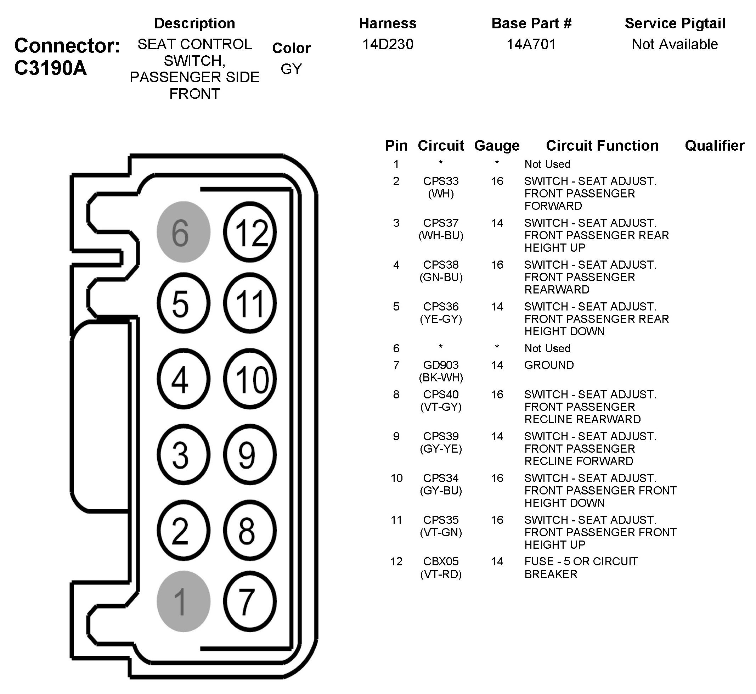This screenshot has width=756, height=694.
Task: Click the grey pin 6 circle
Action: pyautogui.click(x=183, y=232)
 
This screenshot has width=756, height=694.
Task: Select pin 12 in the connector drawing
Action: pyautogui.click(x=250, y=232)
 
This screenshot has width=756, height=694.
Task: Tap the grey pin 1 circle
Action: pyautogui.click(x=183, y=601)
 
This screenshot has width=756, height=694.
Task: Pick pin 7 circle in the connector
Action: pyautogui.click(x=250, y=601)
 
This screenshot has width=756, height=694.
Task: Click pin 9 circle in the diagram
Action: pyautogui.click(x=250, y=454)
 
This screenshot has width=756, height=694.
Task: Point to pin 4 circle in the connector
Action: pyautogui.click(x=183, y=379)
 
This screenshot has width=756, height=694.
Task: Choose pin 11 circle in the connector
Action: pyautogui.click(x=250, y=303)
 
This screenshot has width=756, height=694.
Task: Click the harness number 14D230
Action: pyautogui.click(x=388, y=44)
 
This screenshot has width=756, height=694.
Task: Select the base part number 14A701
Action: pyautogui.click(x=531, y=44)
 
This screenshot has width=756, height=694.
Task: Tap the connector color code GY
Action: pyautogui.click(x=291, y=69)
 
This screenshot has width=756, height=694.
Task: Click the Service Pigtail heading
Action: pyautogui.click(x=675, y=23)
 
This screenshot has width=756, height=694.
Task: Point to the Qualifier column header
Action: pyautogui.click(x=714, y=146)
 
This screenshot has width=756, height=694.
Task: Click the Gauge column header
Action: pyautogui.click(x=497, y=146)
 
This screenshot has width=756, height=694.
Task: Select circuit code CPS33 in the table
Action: pyautogui.click(x=441, y=181)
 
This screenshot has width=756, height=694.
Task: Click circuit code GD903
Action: pyautogui.click(x=441, y=365)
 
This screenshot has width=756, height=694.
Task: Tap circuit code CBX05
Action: pyautogui.click(x=441, y=561)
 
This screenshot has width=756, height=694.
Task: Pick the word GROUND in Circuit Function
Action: pyautogui.click(x=549, y=365)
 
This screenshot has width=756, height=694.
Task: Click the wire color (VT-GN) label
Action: pyautogui.click(x=441, y=532)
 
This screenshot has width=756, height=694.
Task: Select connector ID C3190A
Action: pyautogui.click(x=50, y=68)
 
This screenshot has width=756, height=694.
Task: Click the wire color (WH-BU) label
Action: pyautogui.click(x=441, y=235)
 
